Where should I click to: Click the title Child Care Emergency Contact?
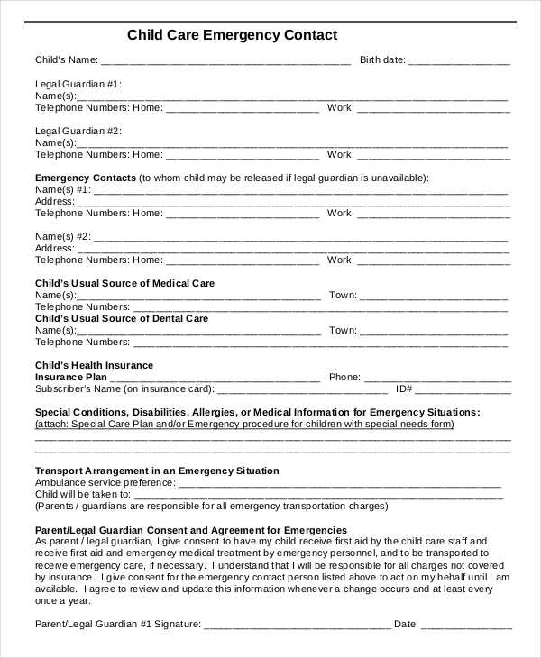click(x=232, y=35)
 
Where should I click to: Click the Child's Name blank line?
click(x=225, y=61)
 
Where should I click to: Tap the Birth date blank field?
click(x=459, y=61)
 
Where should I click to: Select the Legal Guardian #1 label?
click(x=78, y=84)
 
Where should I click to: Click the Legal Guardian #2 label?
click(x=78, y=132)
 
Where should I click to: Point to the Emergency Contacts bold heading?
click(x=86, y=178)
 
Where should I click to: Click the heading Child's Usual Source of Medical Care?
click(x=124, y=284)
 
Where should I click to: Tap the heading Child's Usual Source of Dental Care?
click(x=122, y=319)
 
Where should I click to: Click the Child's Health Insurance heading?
click(x=94, y=366)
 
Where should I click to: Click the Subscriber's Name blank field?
click(x=302, y=390)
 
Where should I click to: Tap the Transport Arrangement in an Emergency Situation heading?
click(x=157, y=471)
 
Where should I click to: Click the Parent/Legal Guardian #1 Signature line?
click(x=297, y=624)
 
